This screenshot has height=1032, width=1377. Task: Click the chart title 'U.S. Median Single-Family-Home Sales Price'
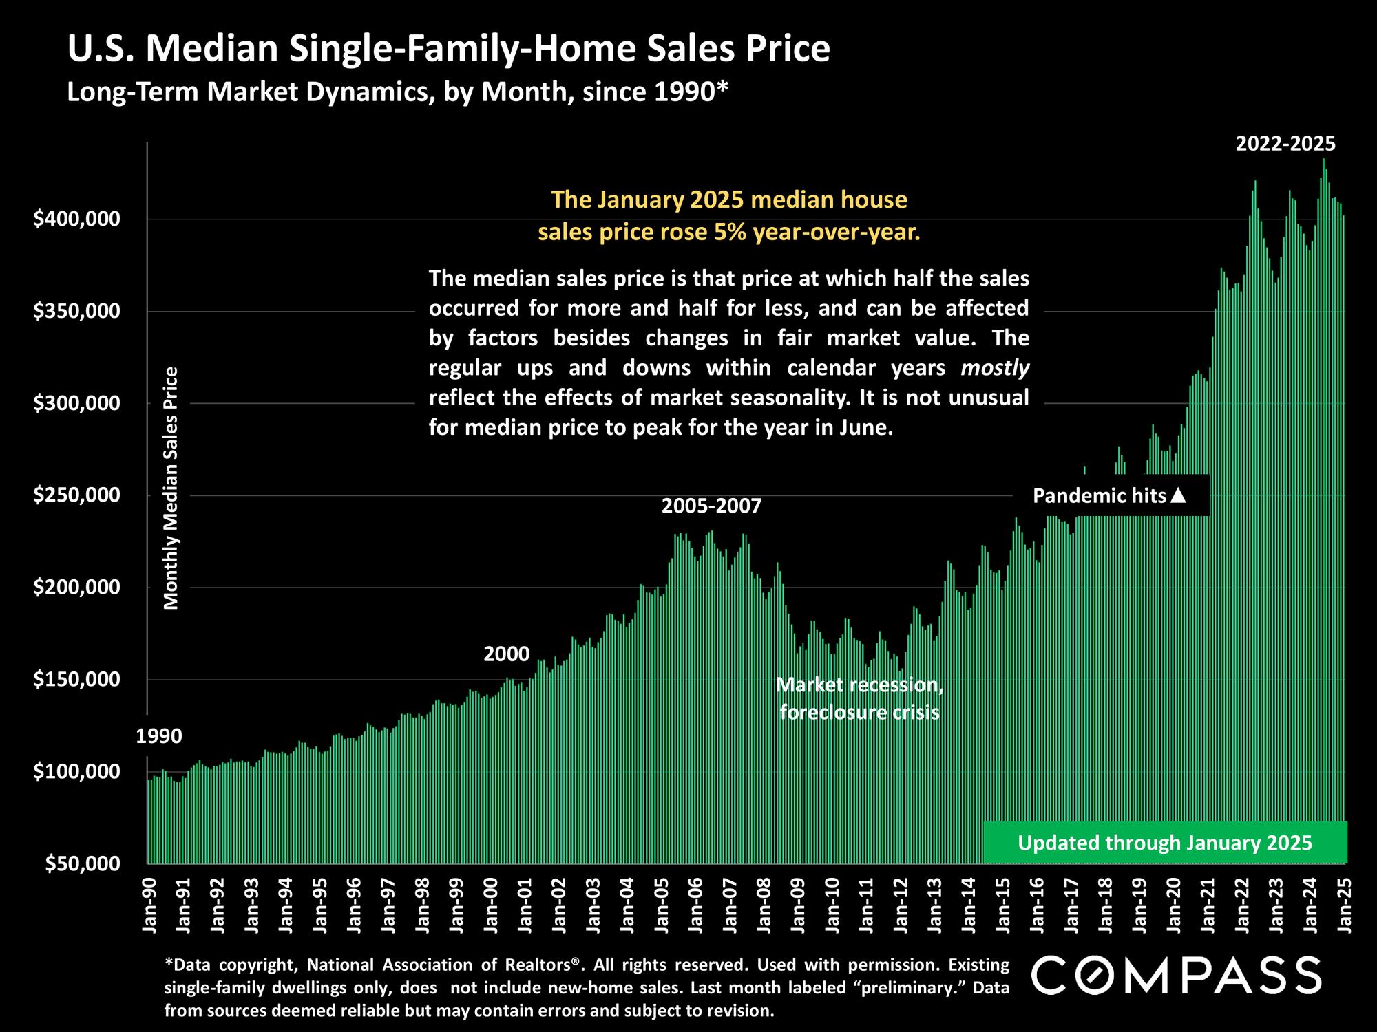448,50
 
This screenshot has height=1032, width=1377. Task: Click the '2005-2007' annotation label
711,506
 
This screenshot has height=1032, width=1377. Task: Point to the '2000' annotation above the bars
506,654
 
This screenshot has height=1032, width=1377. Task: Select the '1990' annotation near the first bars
159,736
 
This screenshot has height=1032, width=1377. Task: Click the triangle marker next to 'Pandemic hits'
1178,495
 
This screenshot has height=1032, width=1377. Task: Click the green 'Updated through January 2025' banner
1165,843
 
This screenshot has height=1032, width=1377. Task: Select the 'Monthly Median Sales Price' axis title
171,488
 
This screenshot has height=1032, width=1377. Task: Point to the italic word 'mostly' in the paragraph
995,368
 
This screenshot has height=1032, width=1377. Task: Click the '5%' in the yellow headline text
731,233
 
